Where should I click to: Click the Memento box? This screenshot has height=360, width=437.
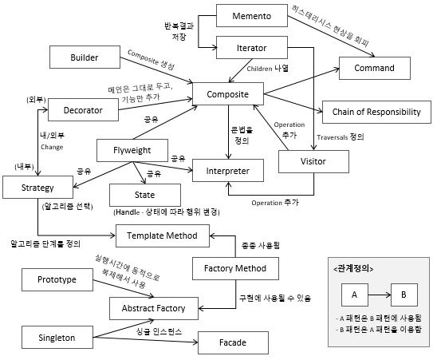click(252, 16)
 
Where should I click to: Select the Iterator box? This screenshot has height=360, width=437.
click(252, 47)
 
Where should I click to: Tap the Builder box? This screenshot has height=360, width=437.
click(85, 57)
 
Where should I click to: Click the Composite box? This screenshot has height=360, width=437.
click(228, 93)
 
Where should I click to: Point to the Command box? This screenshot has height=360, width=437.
click(375, 68)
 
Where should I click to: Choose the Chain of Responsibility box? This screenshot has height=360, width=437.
click(376, 112)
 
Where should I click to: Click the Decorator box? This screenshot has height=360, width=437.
click(83, 109)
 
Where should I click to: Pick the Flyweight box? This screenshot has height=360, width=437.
click(132, 150)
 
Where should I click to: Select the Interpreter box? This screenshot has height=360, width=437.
click(228, 171)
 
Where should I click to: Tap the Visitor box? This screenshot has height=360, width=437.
click(313, 161)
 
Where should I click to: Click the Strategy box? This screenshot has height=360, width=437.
click(38, 188)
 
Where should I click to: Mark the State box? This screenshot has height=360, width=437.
click(145, 195)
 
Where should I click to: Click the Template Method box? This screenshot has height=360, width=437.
click(163, 235)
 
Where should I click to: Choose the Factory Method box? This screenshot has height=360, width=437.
click(235, 268)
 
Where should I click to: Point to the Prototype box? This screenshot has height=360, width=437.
click(57, 279)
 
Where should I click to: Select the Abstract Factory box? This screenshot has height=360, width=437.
click(154, 308)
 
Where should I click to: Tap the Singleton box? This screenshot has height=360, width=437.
click(57, 338)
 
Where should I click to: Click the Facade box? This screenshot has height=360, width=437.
click(233, 342)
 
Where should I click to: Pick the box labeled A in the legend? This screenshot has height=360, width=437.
click(355, 295)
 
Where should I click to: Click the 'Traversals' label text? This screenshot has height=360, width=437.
click(333, 137)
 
